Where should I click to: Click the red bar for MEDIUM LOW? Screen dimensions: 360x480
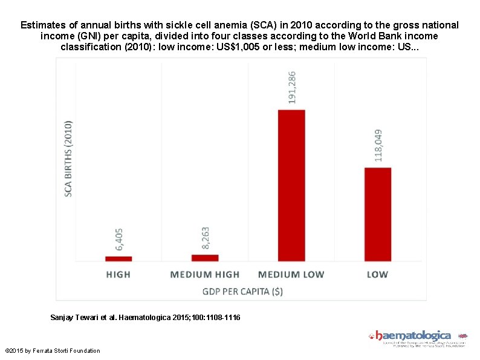pyautogui.click(x=291, y=185)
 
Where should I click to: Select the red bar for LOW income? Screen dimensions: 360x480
pyautogui.click(x=378, y=214)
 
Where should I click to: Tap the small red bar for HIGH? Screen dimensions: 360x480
pyautogui.click(x=118, y=258)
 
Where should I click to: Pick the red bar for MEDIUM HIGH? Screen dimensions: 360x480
pyautogui.click(x=205, y=258)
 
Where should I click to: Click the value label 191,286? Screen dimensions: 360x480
pyautogui.click(x=293, y=88)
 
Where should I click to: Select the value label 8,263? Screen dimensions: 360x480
pyautogui.click(x=206, y=238)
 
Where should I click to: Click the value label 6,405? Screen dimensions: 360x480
pyautogui.click(x=119, y=239)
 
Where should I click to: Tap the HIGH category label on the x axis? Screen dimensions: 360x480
pyautogui.click(x=118, y=274)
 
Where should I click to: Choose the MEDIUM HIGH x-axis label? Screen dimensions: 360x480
pyautogui.click(x=205, y=274)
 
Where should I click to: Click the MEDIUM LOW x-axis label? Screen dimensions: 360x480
pyautogui.click(x=291, y=274)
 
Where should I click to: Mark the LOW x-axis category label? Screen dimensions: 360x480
pyautogui.click(x=377, y=274)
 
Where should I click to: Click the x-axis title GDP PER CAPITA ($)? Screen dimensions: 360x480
pyautogui.click(x=242, y=291)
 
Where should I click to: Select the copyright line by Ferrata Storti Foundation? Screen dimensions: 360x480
pyautogui.click(x=53, y=351)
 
